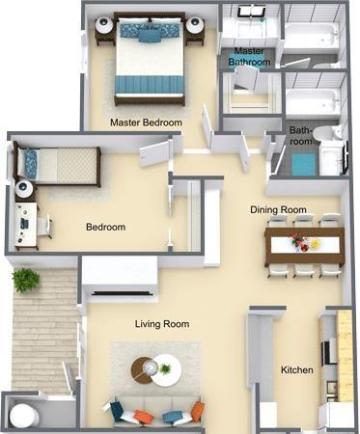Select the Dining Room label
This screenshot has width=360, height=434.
point(278,209)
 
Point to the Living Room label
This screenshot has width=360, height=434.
point(161,324)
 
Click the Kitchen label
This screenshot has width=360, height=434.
point(296,369)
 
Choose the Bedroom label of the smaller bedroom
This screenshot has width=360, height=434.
point(105,228)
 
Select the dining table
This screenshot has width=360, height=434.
point(304,243)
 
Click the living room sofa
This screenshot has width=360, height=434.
point(154,413)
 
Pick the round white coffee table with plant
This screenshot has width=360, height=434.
point(168,371)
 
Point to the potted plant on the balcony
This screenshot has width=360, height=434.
point(26,280)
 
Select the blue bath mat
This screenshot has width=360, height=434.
point(304,164)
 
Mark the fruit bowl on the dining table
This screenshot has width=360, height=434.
point(315,244)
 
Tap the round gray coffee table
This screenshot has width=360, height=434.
point(145,366)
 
